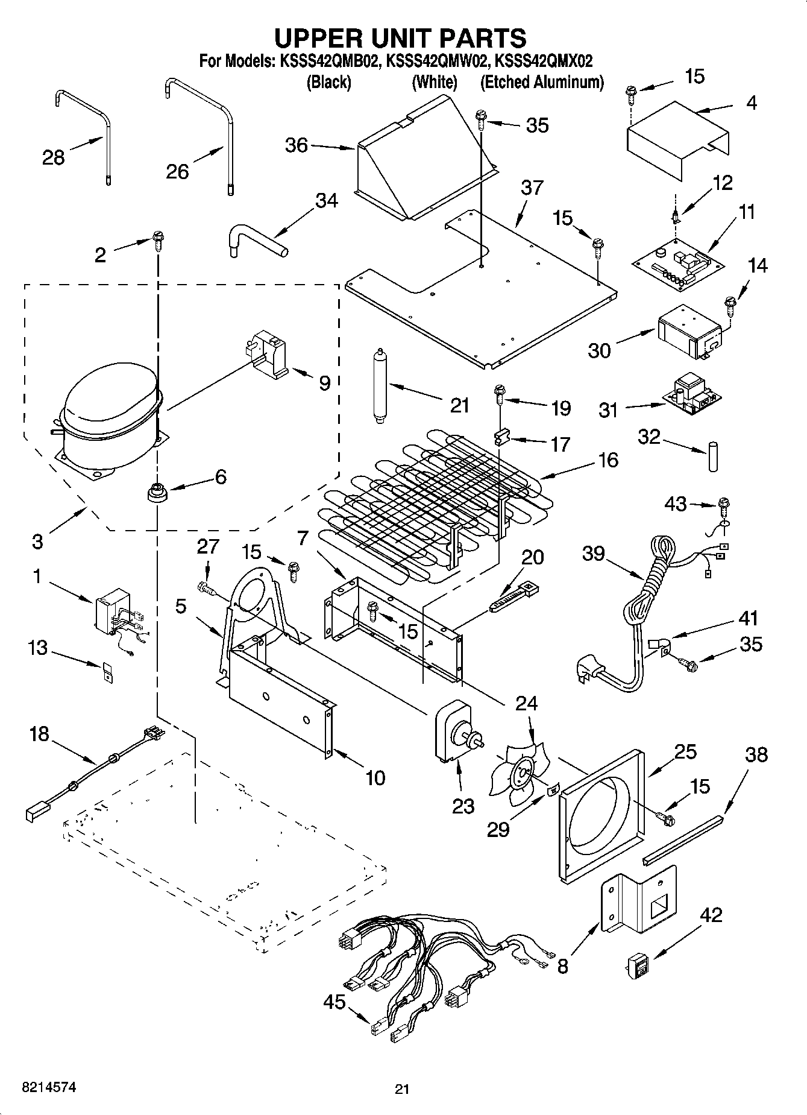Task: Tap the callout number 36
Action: tap(297, 145)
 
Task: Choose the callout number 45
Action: tap(334, 1002)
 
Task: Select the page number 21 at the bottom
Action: tap(402, 1088)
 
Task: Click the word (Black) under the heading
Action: tap(328, 82)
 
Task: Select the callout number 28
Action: tap(53, 158)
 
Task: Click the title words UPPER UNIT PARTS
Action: tap(400, 37)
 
